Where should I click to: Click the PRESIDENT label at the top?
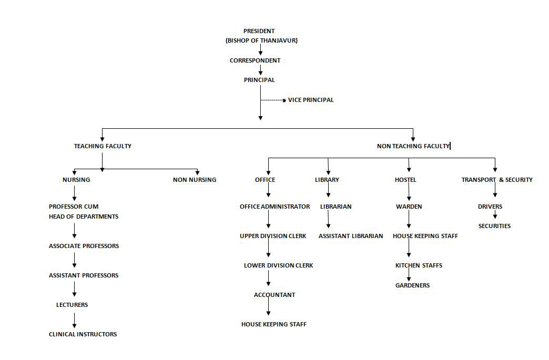259,31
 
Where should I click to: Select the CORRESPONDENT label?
255,60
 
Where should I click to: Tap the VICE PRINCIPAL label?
311,100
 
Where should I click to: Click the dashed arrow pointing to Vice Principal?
273,100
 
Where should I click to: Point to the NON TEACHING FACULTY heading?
413,146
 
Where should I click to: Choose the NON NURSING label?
195,180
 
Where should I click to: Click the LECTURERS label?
72,305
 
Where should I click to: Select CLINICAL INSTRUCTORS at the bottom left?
83,334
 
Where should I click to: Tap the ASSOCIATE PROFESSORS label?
84,246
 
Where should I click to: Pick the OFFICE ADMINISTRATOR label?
275,207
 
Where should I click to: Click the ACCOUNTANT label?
274,295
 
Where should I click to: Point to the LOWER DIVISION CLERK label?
278,265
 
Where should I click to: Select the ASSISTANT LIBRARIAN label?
351,236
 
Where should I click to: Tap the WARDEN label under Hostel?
409,207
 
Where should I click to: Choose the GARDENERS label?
412,285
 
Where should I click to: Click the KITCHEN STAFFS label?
419,265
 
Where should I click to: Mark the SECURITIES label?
494,227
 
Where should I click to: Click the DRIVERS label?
490,207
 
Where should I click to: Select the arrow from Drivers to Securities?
495,214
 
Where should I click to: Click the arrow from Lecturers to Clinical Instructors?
74,321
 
